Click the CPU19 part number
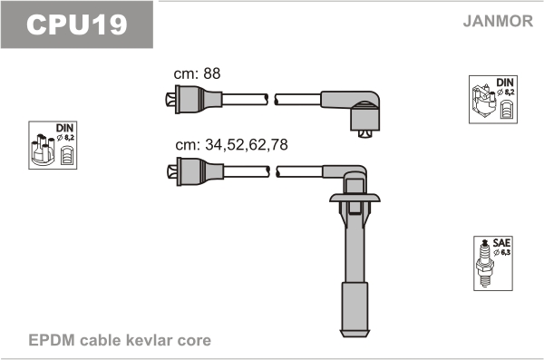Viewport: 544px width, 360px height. tap(77, 24)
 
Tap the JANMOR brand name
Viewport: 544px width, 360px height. tap(498, 21)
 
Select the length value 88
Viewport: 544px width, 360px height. tap(211, 73)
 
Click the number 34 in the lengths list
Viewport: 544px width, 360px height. tap(214, 144)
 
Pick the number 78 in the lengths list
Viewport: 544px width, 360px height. tap(279, 144)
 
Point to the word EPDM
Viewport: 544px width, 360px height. tap(52, 340)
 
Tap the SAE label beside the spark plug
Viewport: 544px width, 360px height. tap(501, 242)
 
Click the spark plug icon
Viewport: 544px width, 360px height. tap(485, 263)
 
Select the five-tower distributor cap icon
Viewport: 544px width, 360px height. tap(43, 150)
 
